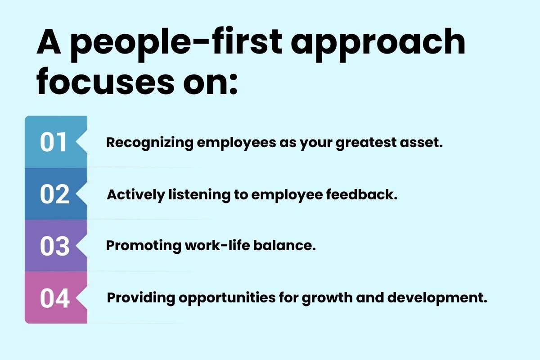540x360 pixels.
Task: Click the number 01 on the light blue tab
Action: pyautogui.click(x=53, y=142)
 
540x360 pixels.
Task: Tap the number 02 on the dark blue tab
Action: pyautogui.click(x=55, y=194)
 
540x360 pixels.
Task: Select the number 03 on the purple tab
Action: pyautogui.click(x=55, y=246)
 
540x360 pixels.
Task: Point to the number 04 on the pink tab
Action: pyautogui.click(x=55, y=298)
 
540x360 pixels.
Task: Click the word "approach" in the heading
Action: pyautogui.click(x=378, y=45)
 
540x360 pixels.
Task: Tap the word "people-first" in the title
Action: pyautogui.click(x=176, y=45)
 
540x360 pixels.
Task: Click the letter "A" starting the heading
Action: pyautogui.click(x=49, y=42)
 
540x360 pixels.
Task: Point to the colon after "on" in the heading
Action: pyautogui.click(x=234, y=84)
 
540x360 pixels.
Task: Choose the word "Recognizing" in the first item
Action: pyautogui.click(x=150, y=143)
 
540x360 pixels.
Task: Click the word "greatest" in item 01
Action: pyautogui.click(x=366, y=143)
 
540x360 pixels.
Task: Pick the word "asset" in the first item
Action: pyautogui.click(x=421, y=143)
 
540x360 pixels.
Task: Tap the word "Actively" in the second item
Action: pyautogui.click(x=136, y=195)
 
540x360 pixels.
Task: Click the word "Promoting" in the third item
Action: pyautogui.click(x=144, y=246)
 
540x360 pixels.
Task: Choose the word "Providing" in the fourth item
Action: pyautogui.click(x=141, y=298)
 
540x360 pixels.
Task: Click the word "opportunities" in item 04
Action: pyautogui.click(x=227, y=298)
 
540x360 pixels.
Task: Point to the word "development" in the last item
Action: pyautogui.click(x=437, y=298)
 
